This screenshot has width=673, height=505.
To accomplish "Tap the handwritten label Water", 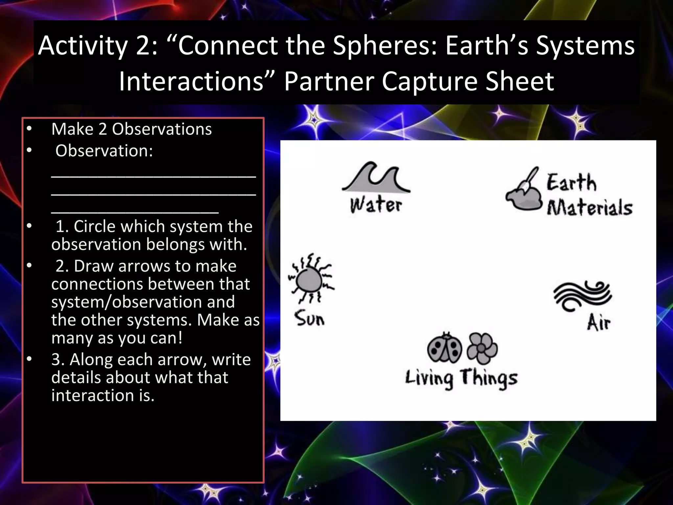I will [x=376, y=204].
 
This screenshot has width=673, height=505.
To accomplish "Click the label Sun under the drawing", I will [x=309, y=318].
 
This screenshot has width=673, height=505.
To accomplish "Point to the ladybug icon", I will [x=445, y=348].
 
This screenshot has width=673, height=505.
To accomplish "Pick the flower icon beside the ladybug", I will [x=482, y=348].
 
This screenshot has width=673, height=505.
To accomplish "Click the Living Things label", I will [x=461, y=378].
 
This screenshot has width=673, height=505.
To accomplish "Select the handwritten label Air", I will [x=598, y=322].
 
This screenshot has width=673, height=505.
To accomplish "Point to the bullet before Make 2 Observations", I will [x=29, y=129].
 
